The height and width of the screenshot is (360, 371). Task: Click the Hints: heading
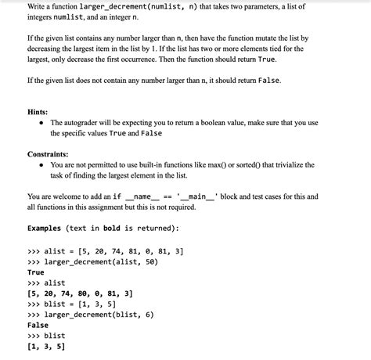coord(38,112)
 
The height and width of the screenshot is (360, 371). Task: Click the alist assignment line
coord(105,251)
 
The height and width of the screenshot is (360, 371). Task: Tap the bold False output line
coord(38,326)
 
